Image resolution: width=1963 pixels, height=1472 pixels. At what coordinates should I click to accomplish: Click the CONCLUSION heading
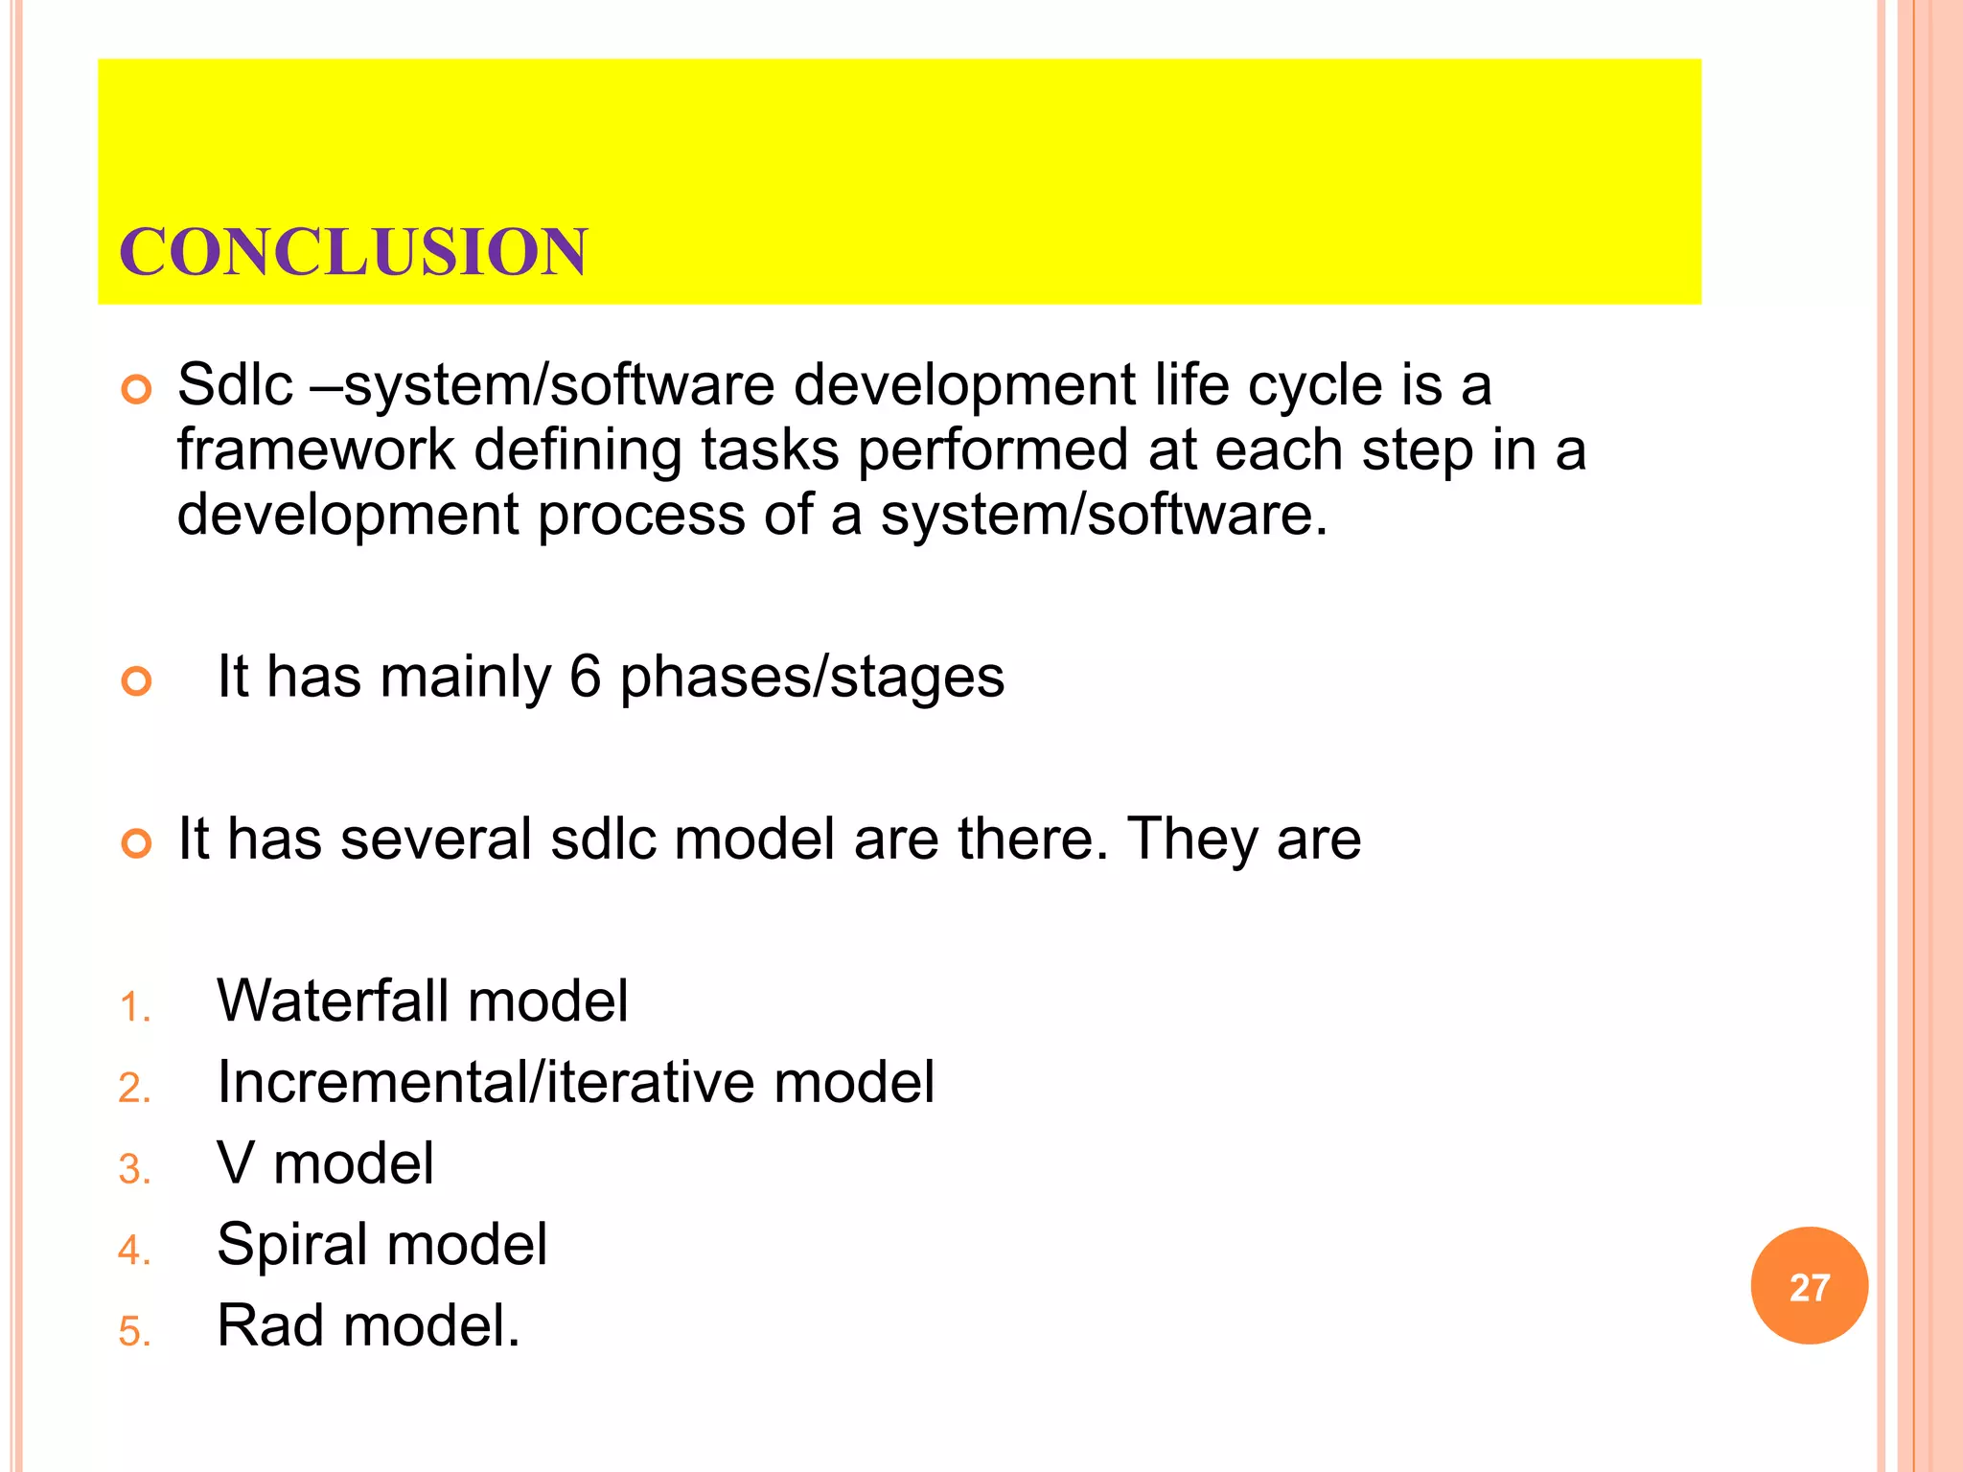coord(353,252)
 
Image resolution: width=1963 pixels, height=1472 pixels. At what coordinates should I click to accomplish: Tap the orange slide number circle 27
coord(1809,1286)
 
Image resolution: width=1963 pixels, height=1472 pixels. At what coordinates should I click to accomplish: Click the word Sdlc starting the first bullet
coord(235,385)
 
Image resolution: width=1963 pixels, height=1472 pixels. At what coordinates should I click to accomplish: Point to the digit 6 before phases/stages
coord(585,677)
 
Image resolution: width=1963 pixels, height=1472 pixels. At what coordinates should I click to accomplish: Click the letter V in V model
coord(236,1163)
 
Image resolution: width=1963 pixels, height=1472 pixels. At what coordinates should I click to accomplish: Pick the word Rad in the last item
coord(270,1326)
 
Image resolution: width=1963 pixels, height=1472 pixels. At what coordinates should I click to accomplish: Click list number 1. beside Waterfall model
coord(135,1008)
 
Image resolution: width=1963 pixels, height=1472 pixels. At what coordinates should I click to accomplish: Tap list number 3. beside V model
coord(135,1170)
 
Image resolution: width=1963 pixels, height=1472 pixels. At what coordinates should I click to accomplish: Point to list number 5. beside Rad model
coord(135,1332)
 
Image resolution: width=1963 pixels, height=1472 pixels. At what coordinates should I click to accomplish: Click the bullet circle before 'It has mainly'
coord(137,681)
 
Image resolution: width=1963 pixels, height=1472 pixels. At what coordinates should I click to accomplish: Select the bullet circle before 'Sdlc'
coord(137,390)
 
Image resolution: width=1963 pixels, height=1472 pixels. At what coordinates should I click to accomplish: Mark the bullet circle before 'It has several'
coord(137,843)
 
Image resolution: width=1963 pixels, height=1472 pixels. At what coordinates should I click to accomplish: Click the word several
coord(435,839)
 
